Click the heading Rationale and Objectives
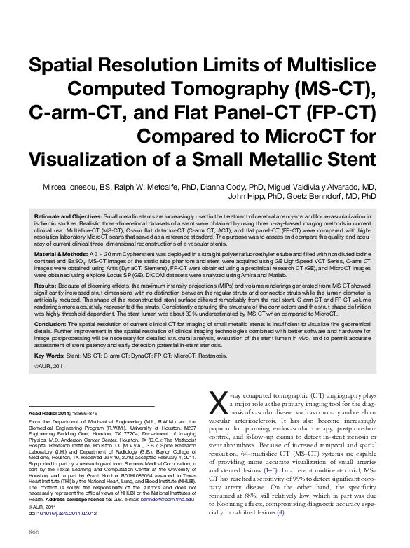(68, 219)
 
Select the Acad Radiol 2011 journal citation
(53, 414)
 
